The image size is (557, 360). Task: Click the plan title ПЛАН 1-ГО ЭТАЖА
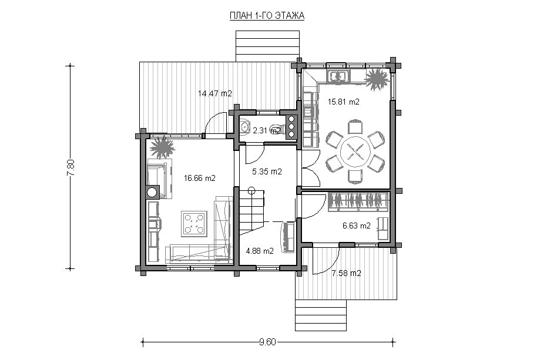tap(267, 16)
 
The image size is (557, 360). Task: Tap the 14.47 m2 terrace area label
tap(215, 94)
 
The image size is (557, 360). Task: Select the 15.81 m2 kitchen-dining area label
tap(344, 102)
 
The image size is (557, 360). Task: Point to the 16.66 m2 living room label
tap(200, 178)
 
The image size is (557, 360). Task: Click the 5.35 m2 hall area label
tap(267, 172)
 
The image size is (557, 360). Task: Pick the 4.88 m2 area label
tap(260, 251)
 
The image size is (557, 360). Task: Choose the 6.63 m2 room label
tap(357, 226)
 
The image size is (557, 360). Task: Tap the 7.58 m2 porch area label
tap(346, 273)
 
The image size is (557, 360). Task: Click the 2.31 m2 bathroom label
tap(266, 130)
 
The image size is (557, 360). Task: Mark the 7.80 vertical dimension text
tap(71, 167)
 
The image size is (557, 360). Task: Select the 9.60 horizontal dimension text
tap(267, 342)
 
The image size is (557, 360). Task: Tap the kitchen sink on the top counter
tap(339, 76)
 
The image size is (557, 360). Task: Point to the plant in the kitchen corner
tap(377, 79)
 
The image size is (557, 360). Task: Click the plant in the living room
tap(162, 147)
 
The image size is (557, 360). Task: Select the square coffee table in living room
tap(194, 224)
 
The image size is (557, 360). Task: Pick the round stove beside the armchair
tap(152, 192)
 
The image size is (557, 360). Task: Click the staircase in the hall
tap(251, 212)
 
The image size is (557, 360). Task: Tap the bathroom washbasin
tap(245, 127)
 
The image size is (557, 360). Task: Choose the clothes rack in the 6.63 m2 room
tap(358, 201)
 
